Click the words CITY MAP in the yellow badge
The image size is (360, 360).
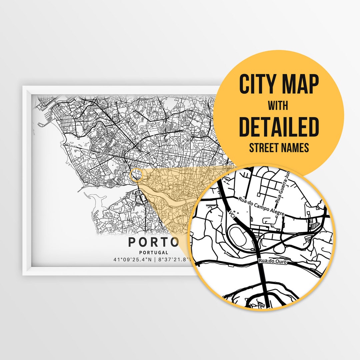coord(279,85)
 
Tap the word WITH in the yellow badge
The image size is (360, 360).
coord(279,106)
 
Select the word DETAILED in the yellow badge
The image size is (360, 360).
coord(279,127)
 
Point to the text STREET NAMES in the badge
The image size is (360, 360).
coord(279,147)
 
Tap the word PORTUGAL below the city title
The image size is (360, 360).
coord(154,253)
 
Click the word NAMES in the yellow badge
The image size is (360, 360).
coord(295,147)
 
